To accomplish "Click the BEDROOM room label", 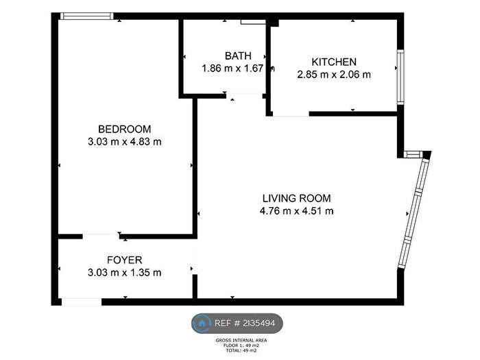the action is tap(125, 129).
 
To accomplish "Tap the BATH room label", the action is tap(238, 56).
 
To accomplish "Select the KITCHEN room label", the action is tap(334, 62).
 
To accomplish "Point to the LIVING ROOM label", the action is tap(297, 198).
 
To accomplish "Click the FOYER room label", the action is tap(125, 260).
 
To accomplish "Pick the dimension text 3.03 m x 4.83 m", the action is tap(125, 142).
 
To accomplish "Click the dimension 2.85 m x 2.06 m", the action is tap(334, 74).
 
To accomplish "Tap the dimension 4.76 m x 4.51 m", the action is tap(297, 211).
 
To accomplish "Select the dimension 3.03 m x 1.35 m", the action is tap(125, 272).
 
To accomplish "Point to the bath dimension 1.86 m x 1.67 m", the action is tap(238, 69).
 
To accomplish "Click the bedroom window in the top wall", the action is tap(87, 16).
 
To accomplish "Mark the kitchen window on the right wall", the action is tap(400, 77).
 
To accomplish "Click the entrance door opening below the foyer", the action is tap(82, 302).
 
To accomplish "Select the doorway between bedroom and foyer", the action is tap(101, 237).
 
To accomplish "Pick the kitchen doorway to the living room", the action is tap(291, 115).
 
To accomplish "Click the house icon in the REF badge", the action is tap(202, 323).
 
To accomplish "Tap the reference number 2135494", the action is tap(259, 323).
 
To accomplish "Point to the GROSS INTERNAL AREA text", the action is tap(241, 340).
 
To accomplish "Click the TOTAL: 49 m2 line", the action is tap(241, 350).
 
